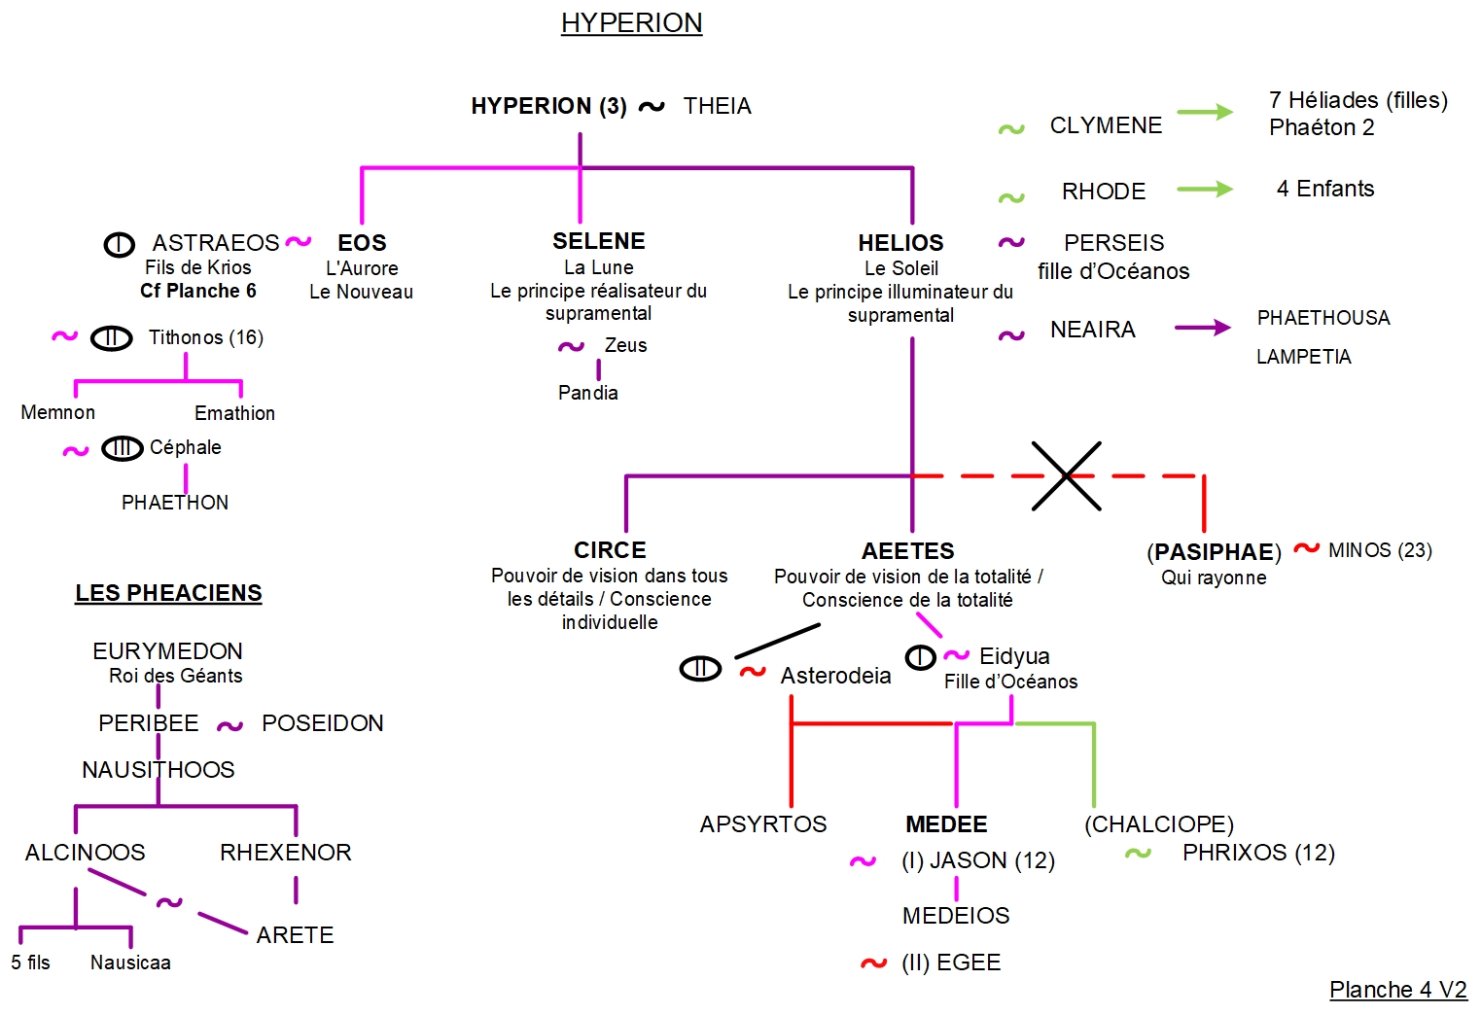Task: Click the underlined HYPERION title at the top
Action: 631,23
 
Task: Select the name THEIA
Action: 717,106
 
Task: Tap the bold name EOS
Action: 362,243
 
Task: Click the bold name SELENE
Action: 598,241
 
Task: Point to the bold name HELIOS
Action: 900,243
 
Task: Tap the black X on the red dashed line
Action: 1066,476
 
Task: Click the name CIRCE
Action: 610,550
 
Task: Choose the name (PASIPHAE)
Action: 1214,552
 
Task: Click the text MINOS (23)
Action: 1380,550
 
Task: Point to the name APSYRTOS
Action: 763,824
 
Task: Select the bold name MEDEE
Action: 946,824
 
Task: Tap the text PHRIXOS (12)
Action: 1258,853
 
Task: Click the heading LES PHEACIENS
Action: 168,593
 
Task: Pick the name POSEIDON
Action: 323,723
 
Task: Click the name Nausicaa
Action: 130,962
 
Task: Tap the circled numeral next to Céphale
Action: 123,448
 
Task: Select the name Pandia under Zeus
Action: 587,393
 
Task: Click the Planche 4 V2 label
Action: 1397,990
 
